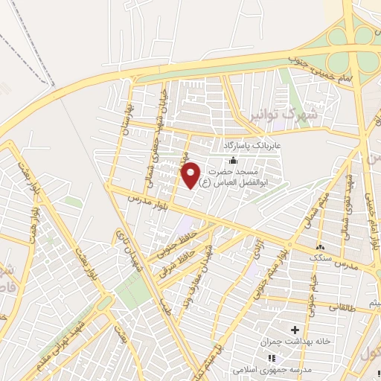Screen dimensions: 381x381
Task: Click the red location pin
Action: pyautogui.click(x=191, y=175)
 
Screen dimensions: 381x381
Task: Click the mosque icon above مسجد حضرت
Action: pyautogui.click(x=233, y=160)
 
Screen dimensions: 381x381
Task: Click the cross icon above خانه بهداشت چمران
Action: pyautogui.click(x=295, y=329)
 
